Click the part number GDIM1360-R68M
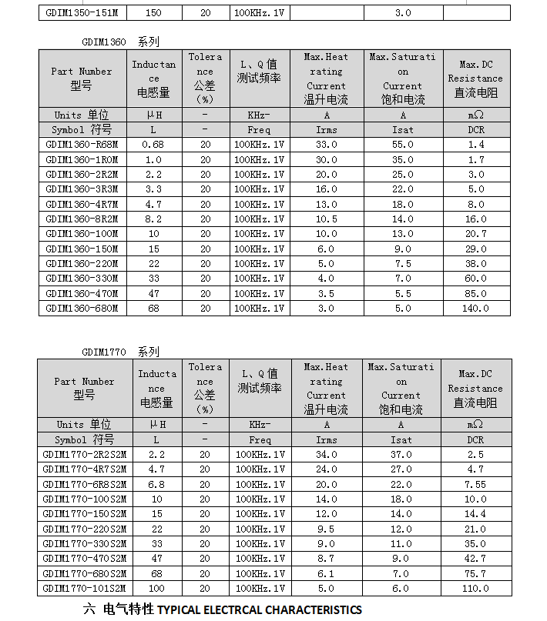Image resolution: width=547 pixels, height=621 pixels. click(x=82, y=145)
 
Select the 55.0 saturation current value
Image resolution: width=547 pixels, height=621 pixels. click(x=402, y=145)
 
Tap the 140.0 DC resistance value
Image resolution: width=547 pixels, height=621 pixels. click(x=475, y=309)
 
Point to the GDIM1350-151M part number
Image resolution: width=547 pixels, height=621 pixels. click(x=82, y=12)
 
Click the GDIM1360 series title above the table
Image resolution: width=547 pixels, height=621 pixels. click(x=120, y=42)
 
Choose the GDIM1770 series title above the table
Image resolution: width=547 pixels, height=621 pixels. click(x=120, y=352)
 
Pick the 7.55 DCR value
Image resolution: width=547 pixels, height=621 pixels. click(x=475, y=485)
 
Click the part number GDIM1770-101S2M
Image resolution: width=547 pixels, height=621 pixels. click(x=85, y=589)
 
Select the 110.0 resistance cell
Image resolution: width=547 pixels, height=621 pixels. click(x=475, y=589)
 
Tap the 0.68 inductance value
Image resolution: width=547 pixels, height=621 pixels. click(x=153, y=145)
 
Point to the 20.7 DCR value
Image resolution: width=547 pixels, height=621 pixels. click(x=475, y=234)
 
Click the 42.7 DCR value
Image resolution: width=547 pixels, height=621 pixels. click(x=475, y=559)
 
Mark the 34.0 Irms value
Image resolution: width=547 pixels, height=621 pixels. click(x=326, y=455)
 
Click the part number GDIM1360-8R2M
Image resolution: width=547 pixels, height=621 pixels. click(x=82, y=219)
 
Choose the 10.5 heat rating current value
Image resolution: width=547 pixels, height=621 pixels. click(x=326, y=219)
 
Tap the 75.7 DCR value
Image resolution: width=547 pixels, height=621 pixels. click(x=475, y=574)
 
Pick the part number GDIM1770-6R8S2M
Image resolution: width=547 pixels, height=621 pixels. click(x=85, y=485)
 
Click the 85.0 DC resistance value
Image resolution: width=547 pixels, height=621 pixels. click(x=475, y=293)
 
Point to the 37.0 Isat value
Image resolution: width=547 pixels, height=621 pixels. click(x=401, y=455)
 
